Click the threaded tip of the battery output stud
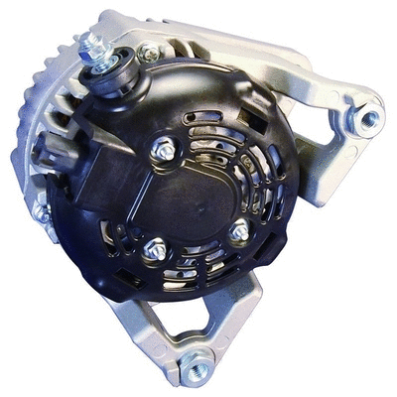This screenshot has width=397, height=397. pyautogui.click(x=93, y=41)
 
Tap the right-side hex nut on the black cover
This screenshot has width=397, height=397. pyautogui.click(x=239, y=231)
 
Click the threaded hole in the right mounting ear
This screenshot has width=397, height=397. pyautogui.click(x=369, y=119)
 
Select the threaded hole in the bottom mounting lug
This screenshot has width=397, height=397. pyautogui.click(x=196, y=368)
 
